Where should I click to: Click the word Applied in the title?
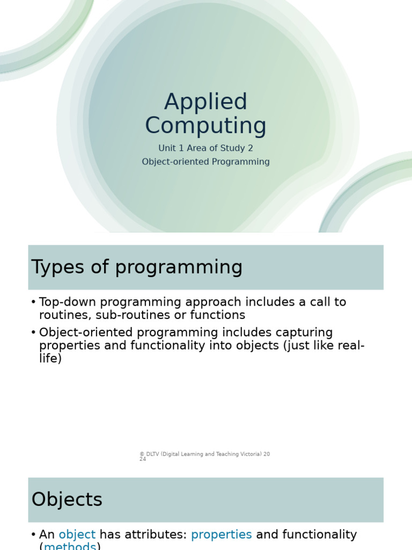point(205,102)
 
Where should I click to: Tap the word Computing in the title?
point(205,126)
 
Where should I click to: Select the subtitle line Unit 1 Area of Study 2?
point(205,148)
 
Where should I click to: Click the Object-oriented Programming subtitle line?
point(205,162)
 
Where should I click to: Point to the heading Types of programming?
point(137,267)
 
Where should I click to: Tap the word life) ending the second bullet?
point(50,358)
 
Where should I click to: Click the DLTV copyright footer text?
point(204,454)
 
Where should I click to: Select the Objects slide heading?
point(67,500)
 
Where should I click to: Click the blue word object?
point(77,534)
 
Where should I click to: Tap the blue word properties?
point(221,534)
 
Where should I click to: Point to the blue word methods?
point(70,546)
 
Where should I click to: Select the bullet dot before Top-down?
point(33,302)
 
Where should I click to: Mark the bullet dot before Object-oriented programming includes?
point(33,333)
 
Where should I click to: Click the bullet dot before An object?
point(33,535)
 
